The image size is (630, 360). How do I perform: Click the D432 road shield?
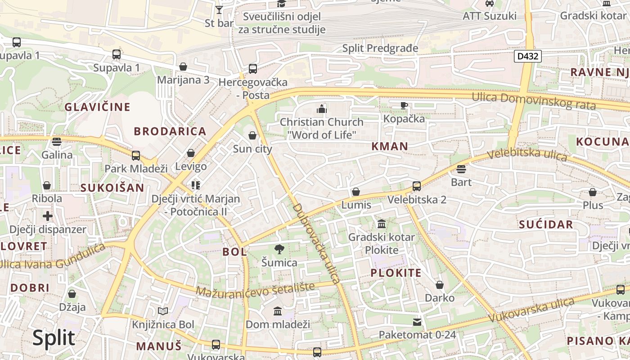tap(527, 56)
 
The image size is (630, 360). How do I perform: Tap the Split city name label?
tap(53, 337)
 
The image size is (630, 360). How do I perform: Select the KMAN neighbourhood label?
tap(390, 146)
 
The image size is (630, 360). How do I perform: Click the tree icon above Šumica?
tap(279, 249)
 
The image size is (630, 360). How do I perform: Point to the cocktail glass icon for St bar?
tap(219, 9)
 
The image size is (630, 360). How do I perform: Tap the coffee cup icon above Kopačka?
tap(404, 106)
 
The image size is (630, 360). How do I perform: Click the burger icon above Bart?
tap(461, 169)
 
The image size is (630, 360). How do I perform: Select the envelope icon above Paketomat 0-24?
tap(417, 322)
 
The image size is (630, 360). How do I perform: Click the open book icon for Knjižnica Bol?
tap(163, 311)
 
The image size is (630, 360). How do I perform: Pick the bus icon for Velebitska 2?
tap(417, 186)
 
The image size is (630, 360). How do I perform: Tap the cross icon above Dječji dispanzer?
tap(48, 216)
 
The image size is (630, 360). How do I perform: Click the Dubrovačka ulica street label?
tap(316, 243)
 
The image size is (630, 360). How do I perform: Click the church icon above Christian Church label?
tap(321, 109)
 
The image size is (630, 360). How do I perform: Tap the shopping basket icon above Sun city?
tap(252, 135)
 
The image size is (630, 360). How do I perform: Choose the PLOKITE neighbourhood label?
tap(396, 273)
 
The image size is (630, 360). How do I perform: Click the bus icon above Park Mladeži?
tap(136, 156)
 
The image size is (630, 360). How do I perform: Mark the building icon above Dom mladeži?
tap(278, 311)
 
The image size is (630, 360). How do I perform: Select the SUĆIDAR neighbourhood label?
tap(546, 225)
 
